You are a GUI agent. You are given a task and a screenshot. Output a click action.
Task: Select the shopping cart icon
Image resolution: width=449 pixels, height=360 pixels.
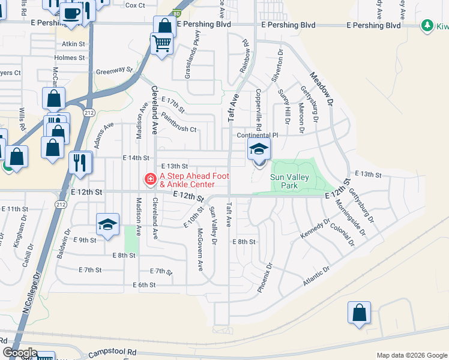pyautogui.click(x=161, y=43)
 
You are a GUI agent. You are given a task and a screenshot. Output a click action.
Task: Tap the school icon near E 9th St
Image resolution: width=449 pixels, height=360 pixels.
pyautogui.click(x=107, y=225)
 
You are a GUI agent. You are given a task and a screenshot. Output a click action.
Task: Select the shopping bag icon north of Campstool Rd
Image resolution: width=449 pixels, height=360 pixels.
pyautogui.click(x=359, y=313)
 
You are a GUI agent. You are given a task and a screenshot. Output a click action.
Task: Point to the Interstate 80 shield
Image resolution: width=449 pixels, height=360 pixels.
pyautogui.click(x=175, y=12)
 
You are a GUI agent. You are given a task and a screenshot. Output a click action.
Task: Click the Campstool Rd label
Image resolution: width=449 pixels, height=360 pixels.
pyautogui.click(x=112, y=354)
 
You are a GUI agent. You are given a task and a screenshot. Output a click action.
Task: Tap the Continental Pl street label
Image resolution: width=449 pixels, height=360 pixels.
pyautogui.click(x=258, y=136)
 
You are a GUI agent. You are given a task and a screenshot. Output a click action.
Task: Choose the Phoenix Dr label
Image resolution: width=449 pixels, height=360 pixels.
pyautogui.click(x=265, y=277)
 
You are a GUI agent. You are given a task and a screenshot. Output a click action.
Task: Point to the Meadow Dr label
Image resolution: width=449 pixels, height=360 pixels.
pyautogui.click(x=321, y=89)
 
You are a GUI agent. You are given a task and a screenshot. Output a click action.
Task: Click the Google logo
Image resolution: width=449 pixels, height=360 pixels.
pyautogui.click(x=20, y=353)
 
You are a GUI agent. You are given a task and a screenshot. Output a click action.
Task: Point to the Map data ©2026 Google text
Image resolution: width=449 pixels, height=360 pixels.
pyautogui.click(x=411, y=355)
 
